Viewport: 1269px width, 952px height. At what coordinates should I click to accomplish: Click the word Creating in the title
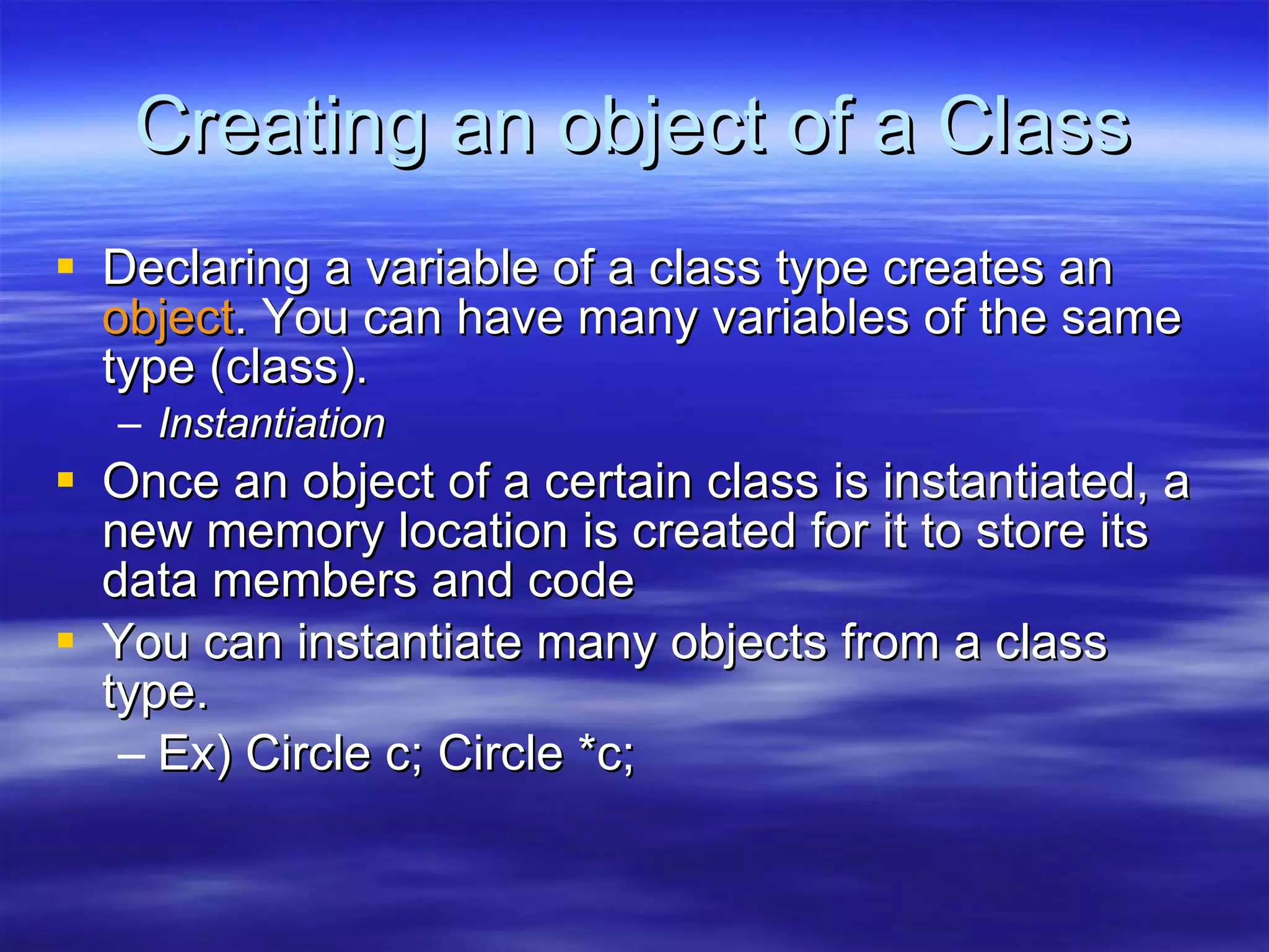281,127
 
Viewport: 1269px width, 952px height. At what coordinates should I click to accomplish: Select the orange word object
168,318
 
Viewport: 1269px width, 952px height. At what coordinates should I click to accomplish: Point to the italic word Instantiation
271,424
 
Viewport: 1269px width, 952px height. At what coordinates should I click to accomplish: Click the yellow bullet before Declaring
65,267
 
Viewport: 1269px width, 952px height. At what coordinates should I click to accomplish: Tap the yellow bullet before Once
65,480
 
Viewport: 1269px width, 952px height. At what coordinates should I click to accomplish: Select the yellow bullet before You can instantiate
65,640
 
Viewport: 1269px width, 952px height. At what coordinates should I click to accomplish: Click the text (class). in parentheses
289,369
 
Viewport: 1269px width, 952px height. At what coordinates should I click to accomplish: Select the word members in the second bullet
315,581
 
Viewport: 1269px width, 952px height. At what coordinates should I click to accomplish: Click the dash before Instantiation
130,425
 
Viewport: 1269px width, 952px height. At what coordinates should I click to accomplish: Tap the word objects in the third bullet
749,643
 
